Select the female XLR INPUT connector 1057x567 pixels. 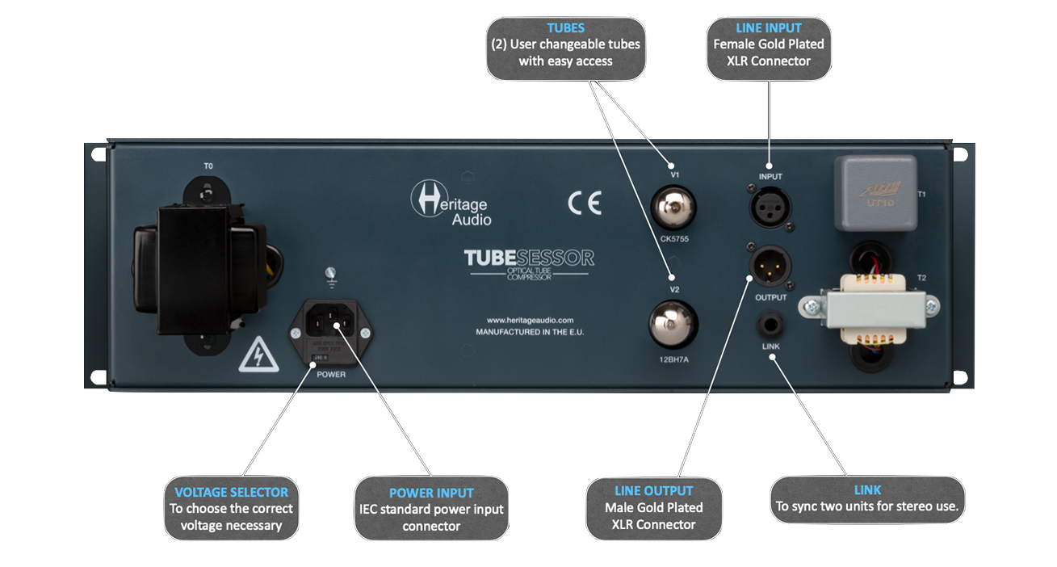770,208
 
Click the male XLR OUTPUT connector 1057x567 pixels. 770,266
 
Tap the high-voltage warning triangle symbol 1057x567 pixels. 258,355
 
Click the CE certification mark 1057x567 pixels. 584,203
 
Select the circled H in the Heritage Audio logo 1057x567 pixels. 425,197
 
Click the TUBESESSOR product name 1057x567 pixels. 529,258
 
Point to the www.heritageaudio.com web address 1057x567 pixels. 530,320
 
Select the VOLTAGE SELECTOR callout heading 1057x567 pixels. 231,491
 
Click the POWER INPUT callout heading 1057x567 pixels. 431,493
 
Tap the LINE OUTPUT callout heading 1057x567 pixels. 653,490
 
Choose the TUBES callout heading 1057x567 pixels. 565,27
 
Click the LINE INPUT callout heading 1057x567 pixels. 769,27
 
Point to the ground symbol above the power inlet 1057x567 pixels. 329,274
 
